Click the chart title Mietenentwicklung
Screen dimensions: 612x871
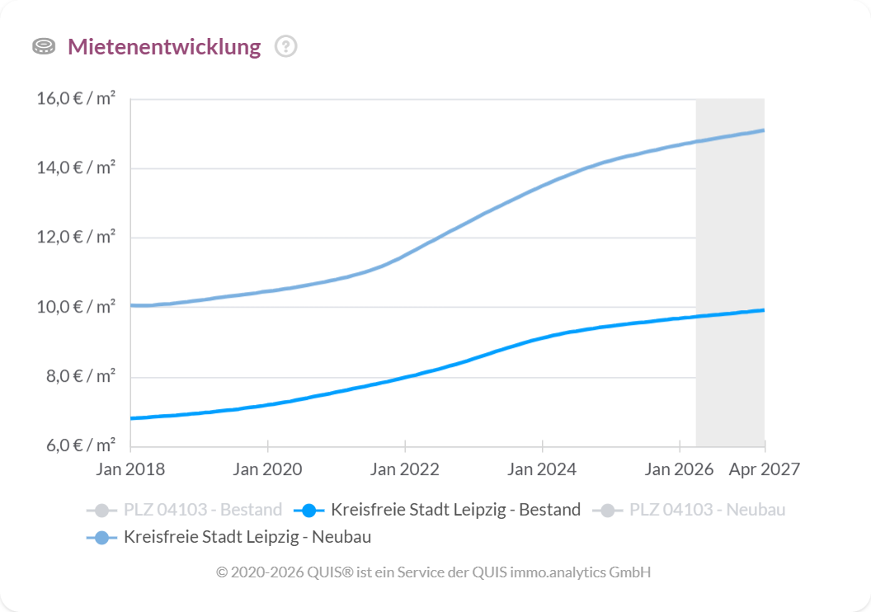click(x=163, y=47)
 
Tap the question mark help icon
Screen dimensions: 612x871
click(x=285, y=47)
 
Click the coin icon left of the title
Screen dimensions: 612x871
click(x=44, y=47)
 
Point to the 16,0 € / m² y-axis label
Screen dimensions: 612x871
click(x=76, y=99)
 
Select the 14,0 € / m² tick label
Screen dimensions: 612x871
click(x=76, y=168)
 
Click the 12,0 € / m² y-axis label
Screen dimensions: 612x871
click(x=76, y=238)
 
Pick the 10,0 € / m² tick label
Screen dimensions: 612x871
click(x=76, y=308)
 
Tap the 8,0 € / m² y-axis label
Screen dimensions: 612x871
click(x=79, y=377)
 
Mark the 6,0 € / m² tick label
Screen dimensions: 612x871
click(x=79, y=446)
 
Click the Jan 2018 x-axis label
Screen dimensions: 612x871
click(x=130, y=469)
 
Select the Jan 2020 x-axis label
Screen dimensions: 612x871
click(x=267, y=469)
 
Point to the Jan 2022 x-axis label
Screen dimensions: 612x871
click(x=405, y=469)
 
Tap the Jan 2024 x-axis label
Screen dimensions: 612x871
click(x=542, y=469)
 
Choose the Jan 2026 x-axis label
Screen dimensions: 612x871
click(x=679, y=469)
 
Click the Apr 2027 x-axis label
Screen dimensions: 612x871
click(x=764, y=469)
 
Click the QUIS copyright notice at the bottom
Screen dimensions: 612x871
click(x=434, y=572)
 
